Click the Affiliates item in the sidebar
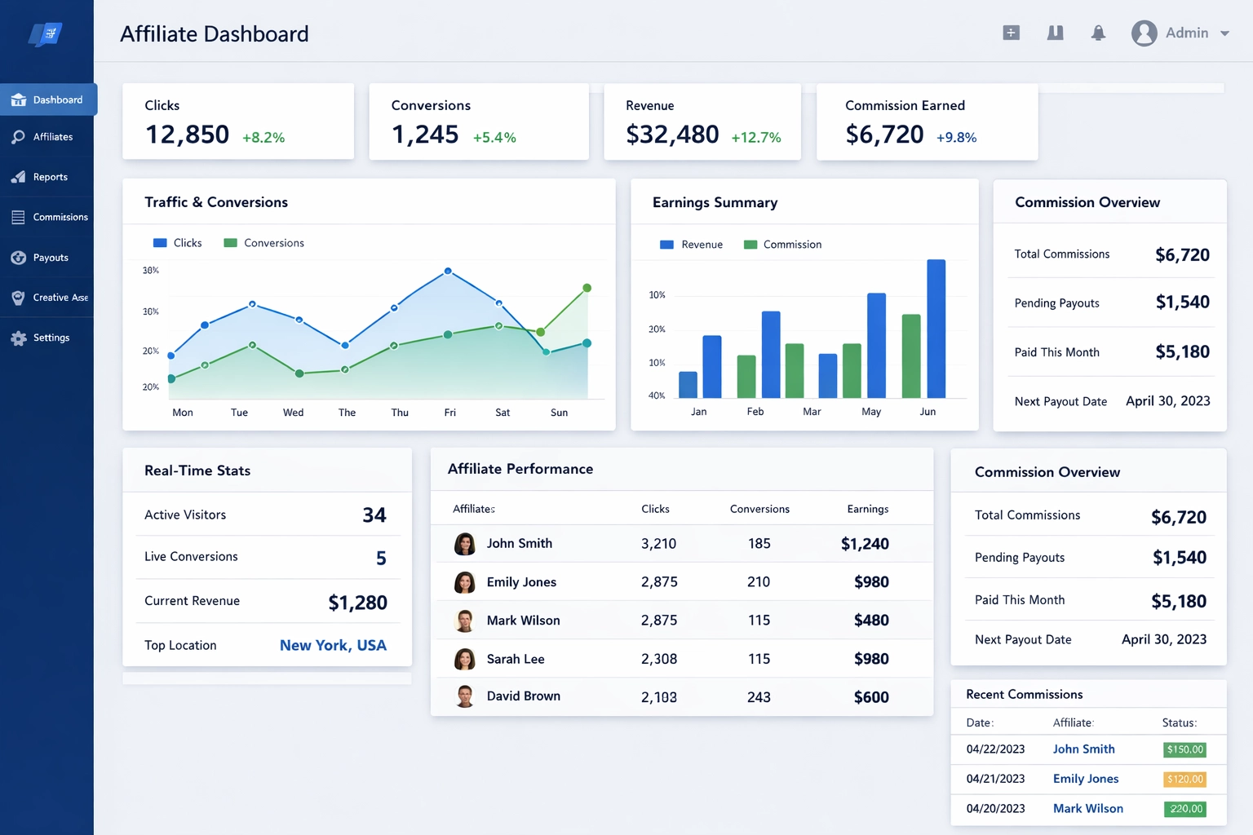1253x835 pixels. (x=52, y=137)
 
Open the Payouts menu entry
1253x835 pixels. (x=50, y=258)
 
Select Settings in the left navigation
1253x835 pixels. (x=51, y=338)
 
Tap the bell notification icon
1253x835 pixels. (x=1098, y=33)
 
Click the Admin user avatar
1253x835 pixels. (x=1144, y=33)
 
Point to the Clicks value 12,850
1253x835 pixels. (x=187, y=135)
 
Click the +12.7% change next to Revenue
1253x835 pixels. (x=755, y=137)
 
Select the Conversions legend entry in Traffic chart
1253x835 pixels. (x=263, y=243)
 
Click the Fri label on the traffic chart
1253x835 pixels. (x=449, y=413)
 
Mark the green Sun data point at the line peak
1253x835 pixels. (x=587, y=288)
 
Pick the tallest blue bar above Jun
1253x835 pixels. (x=936, y=328)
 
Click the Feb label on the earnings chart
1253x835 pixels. (x=755, y=412)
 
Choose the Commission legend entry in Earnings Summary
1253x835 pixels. (x=782, y=245)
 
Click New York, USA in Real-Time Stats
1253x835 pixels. (x=333, y=645)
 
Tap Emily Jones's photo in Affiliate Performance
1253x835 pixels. (x=465, y=582)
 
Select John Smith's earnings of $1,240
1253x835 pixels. (x=865, y=544)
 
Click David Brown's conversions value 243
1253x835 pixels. (x=759, y=697)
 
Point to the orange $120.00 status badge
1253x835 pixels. (x=1184, y=779)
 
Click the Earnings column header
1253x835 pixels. (x=867, y=509)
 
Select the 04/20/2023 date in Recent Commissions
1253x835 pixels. (x=995, y=808)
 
